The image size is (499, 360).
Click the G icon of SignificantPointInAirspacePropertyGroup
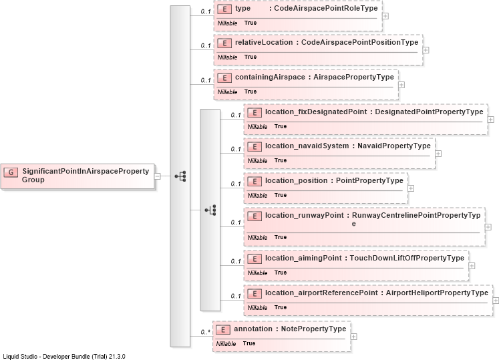pyautogui.click(x=11, y=172)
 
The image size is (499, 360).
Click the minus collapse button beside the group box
pyautogui.click(x=157, y=176)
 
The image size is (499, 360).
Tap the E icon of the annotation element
pyautogui.click(x=222, y=330)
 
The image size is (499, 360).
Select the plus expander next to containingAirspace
pyautogui.click(x=401, y=85)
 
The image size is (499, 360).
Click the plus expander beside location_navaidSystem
pyautogui.click(x=438, y=154)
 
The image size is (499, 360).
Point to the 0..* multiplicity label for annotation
pyautogui.click(x=206, y=332)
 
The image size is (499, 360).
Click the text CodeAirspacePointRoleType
pyautogui.click(x=326, y=8)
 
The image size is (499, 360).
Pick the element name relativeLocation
pyautogui.click(x=264, y=42)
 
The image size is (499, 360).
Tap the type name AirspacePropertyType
pyautogui.click(x=353, y=77)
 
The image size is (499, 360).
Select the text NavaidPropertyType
pyautogui.click(x=394, y=146)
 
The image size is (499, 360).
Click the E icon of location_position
pyautogui.click(x=255, y=182)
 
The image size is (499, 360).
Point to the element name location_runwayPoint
pyautogui.click(x=305, y=215)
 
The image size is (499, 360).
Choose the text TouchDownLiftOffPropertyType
pyautogui.click(x=407, y=258)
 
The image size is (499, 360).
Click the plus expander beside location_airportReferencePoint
pyautogui.click(x=496, y=301)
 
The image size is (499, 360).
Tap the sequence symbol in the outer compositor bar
pyautogui.click(x=180, y=176)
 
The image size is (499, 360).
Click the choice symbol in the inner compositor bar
pyautogui.click(x=210, y=210)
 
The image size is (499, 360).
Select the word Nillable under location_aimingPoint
pyautogui.click(x=257, y=273)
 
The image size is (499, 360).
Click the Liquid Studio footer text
pyautogui.click(x=64, y=357)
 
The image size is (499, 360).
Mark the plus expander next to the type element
pyautogui.click(x=385, y=16)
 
